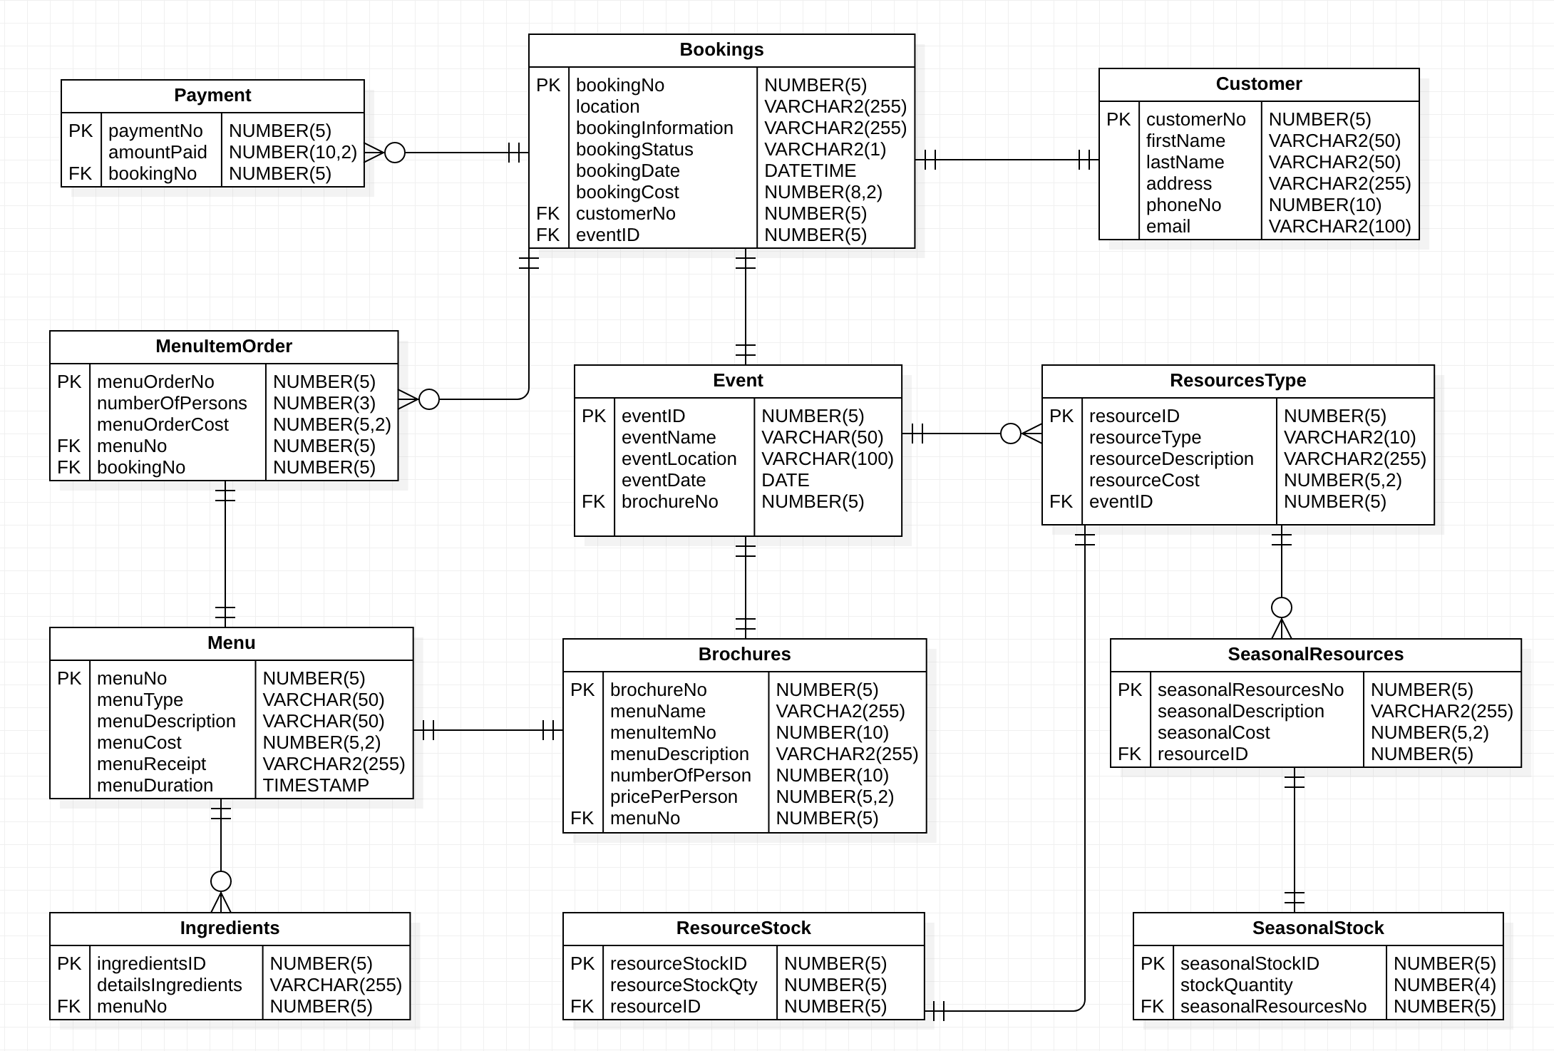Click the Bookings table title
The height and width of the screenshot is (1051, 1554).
click(721, 50)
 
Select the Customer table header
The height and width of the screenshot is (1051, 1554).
click(1258, 84)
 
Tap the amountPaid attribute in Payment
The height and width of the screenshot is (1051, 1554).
click(158, 153)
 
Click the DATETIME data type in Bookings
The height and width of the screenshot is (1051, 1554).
click(810, 171)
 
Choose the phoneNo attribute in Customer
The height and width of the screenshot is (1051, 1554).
click(1183, 205)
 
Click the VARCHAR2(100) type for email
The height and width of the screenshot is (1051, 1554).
click(1339, 227)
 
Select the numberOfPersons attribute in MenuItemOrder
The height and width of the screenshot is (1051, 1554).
click(172, 404)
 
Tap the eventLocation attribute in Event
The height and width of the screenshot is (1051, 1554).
click(679, 459)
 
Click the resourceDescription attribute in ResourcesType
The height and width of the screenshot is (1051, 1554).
click(1171, 459)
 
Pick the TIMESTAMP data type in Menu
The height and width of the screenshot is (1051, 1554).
click(316, 786)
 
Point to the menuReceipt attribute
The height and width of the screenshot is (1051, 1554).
click(151, 764)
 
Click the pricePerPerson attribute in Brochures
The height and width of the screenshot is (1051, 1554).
click(674, 797)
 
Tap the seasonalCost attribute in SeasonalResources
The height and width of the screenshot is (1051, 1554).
click(1213, 733)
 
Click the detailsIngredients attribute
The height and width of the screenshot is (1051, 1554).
click(170, 985)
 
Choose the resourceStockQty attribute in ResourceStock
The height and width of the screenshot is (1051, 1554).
click(684, 985)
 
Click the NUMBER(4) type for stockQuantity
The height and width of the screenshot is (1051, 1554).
click(1444, 985)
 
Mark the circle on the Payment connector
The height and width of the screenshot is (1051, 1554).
click(395, 153)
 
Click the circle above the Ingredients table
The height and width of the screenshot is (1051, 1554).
click(221, 881)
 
